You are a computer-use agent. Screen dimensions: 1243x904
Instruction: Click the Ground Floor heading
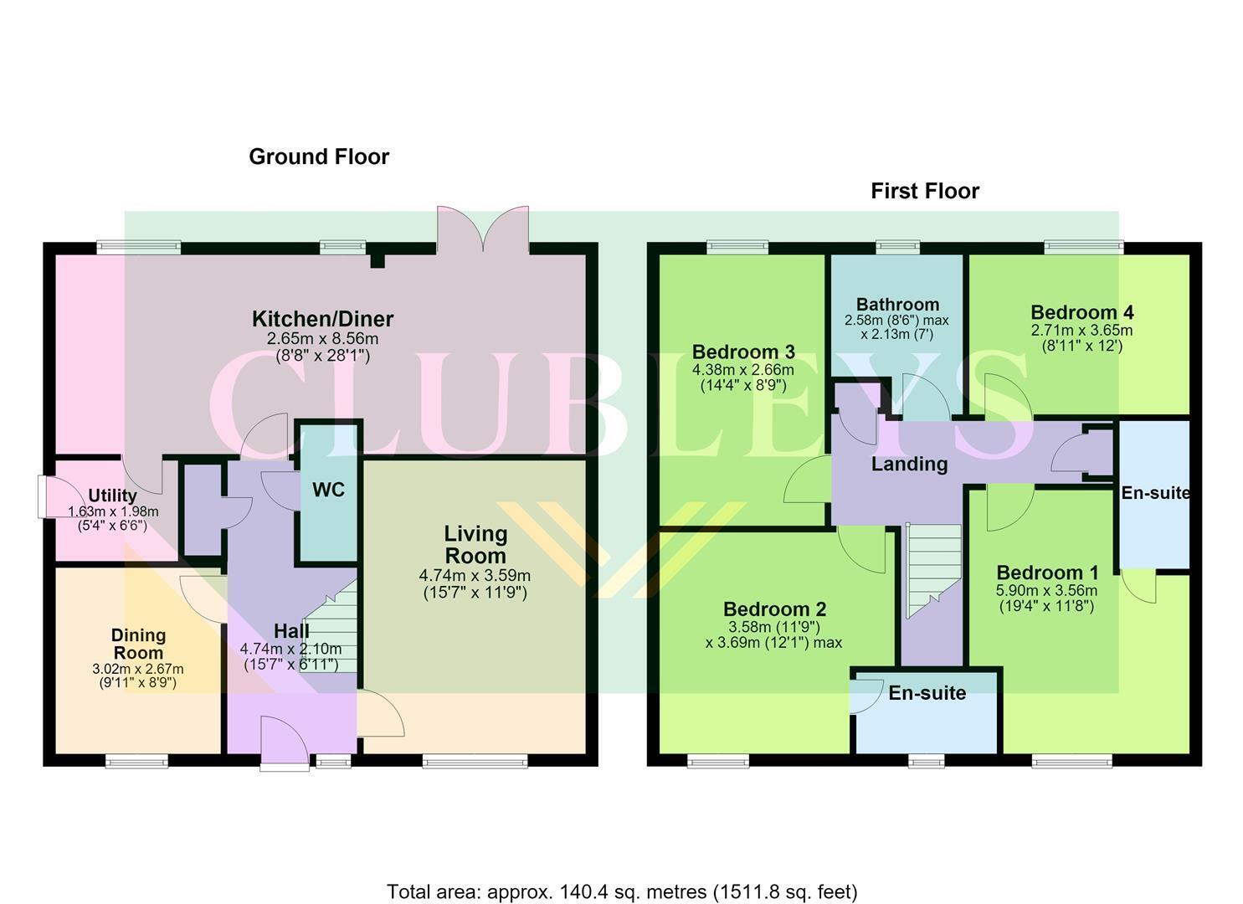[x=319, y=157]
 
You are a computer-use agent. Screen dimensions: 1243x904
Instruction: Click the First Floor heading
[x=924, y=192]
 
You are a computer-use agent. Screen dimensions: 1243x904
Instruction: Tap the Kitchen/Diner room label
[x=322, y=319]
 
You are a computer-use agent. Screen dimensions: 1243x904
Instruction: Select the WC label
[x=328, y=490]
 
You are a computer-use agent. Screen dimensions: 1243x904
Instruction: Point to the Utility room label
[x=113, y=495]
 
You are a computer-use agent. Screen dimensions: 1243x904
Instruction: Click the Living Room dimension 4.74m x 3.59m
[x=475, y=576]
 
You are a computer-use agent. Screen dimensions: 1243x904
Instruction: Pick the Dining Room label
[x=138, y=644]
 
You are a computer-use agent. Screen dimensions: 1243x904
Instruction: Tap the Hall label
[x=291, y=631]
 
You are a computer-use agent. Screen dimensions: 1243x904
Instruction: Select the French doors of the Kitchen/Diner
[x=483, y=229]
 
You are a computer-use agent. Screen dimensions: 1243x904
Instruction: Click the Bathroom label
[x=897, y=305]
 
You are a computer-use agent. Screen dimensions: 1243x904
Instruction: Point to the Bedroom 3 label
[x=743, y=352]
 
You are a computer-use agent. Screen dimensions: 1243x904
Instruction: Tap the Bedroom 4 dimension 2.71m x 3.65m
[x=1081, y=330]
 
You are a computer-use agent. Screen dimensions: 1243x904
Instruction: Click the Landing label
[x=909, y=464]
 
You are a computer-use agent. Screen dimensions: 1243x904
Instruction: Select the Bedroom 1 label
[x=1047, y=573]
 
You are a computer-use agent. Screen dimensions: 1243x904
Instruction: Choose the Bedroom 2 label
[x=774, y=609]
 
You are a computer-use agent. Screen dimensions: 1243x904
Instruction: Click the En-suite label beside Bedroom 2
[x=927, y=692]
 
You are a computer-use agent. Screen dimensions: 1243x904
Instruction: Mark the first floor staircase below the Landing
[x=933, y=571]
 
